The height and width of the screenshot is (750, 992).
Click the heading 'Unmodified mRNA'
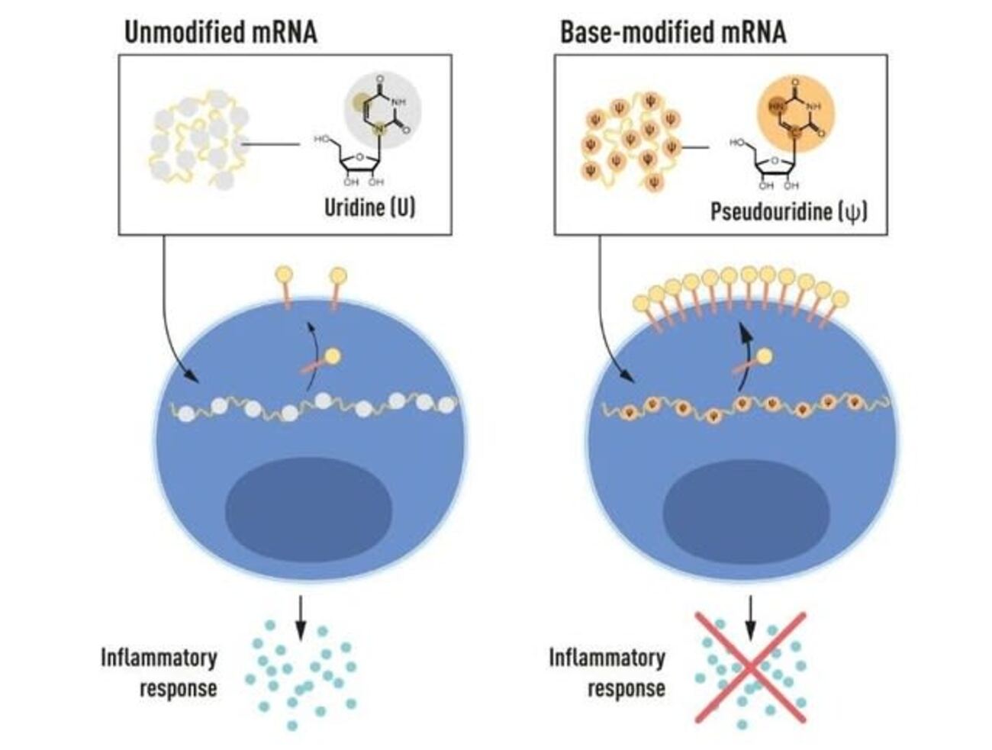pyautogui.click(x=221, y=33)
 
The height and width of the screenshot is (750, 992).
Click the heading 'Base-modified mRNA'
pyautogui.click(x=672, y=33)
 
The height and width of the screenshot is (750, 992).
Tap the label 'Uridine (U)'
pyautogui.click(x=370, y=207)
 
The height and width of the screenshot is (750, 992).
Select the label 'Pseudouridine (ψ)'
pyautogui.click(x=789, y=211)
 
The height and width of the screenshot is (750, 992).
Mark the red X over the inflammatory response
pyautogui.click(x=750, y=667)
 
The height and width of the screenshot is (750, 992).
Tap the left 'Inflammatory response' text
pyautogui.click(x=159, y=672)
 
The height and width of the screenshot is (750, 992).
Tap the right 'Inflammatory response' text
pyautogui.click(x=607, y=672)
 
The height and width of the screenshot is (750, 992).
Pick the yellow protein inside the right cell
pyautogui.click(x=763, y=356)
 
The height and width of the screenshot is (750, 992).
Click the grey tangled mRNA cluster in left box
pyautogui.click(x=198, y=140)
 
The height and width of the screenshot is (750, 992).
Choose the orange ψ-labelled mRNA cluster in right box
pyautogui.click(x=630, y=140)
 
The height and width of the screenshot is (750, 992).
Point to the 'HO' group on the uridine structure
pyautogui.click(x=321, y=140)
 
